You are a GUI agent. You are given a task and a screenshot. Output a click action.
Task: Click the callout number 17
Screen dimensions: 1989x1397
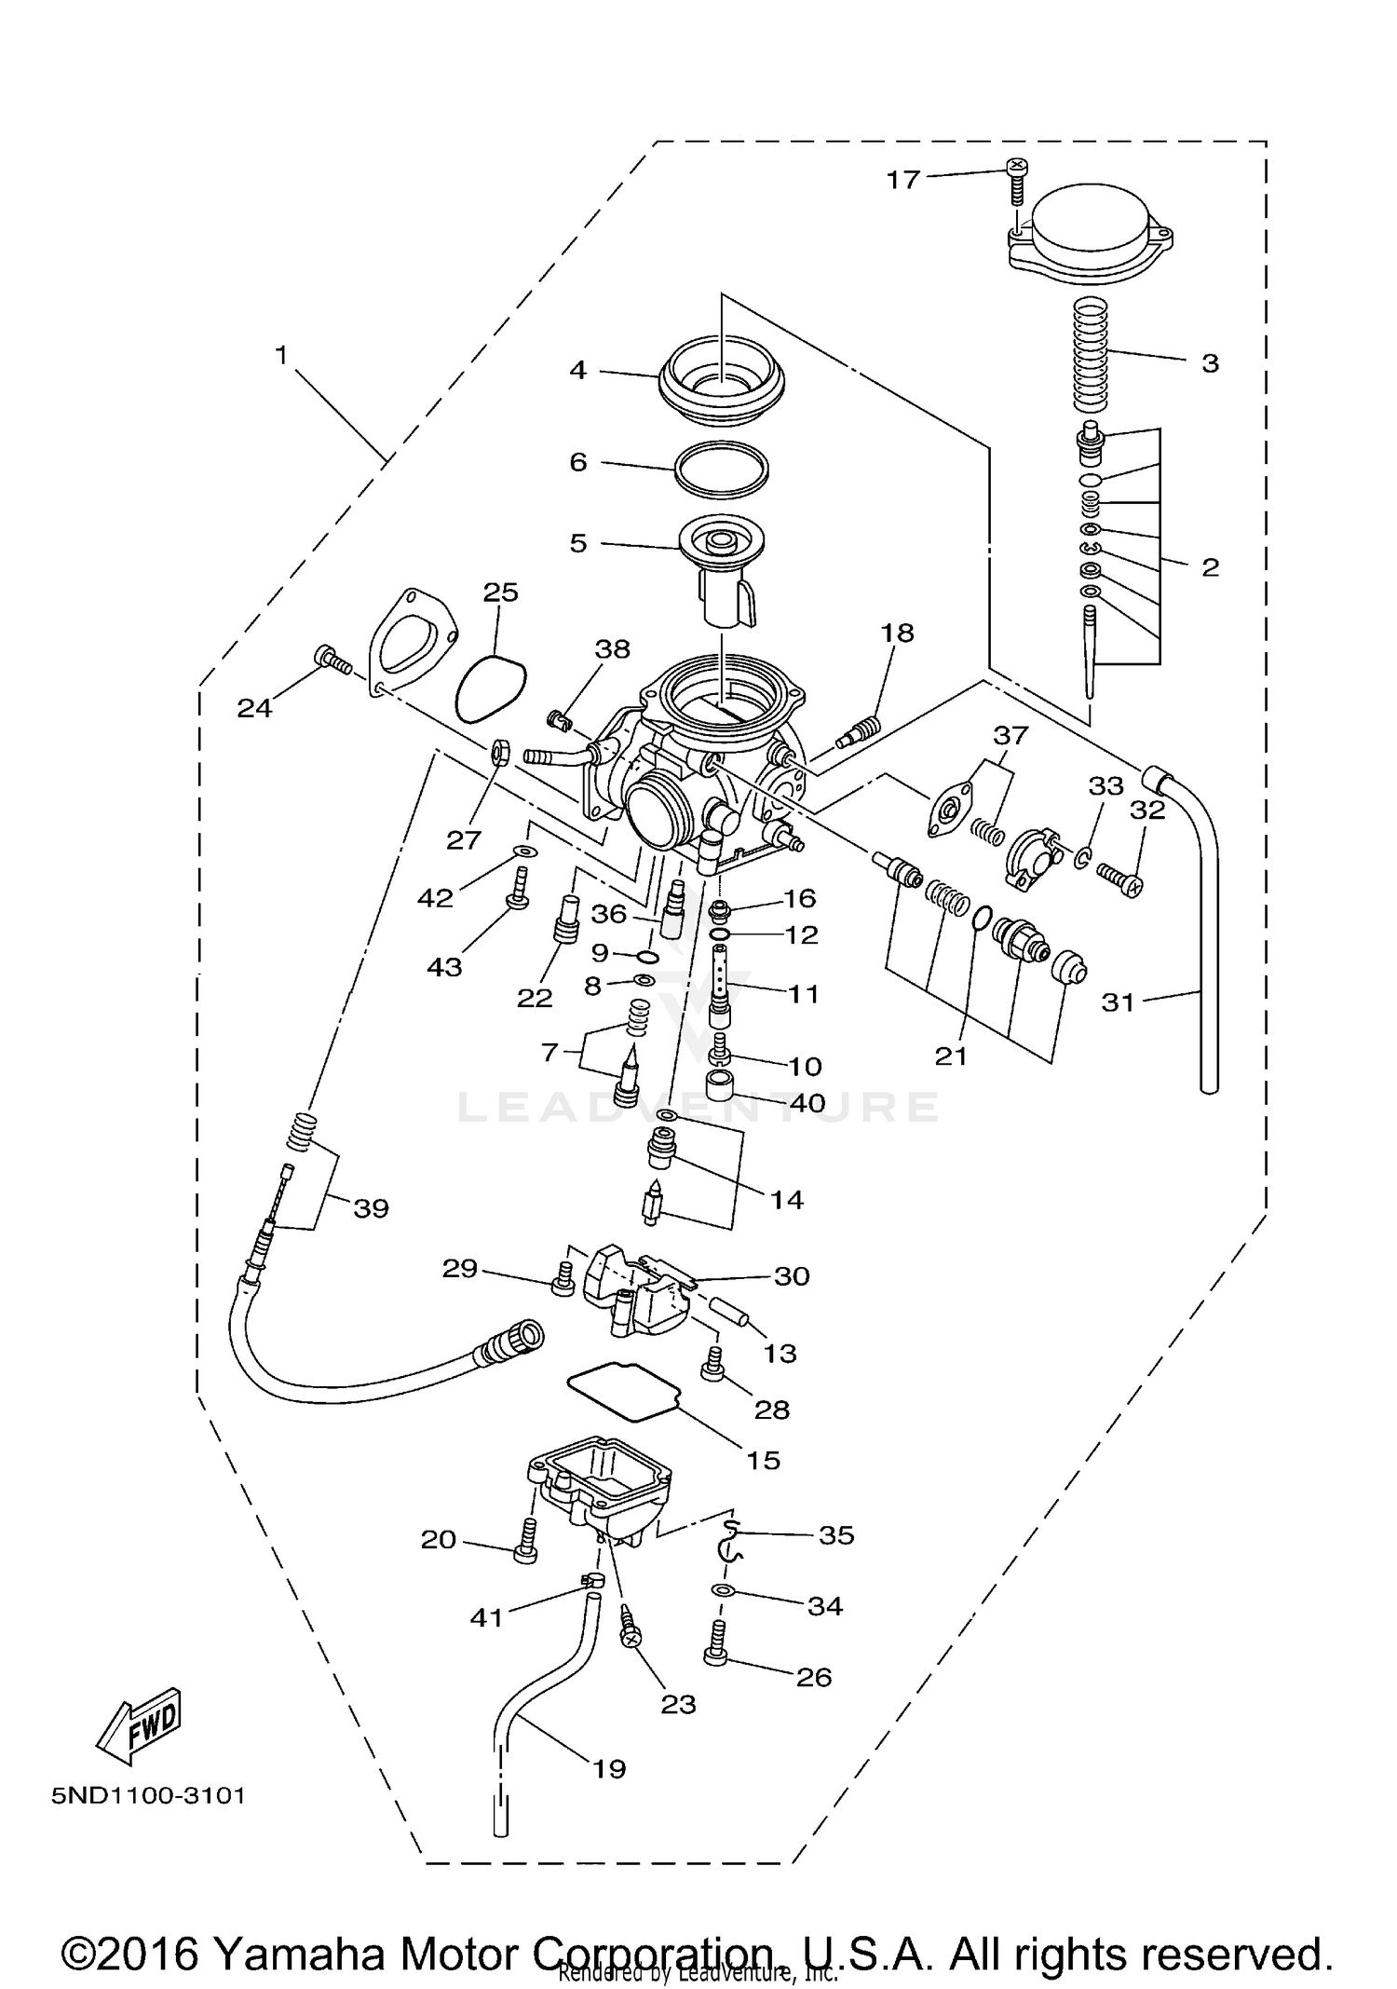[902, 180]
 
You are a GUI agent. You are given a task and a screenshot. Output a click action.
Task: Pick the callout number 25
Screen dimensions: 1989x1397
[500, 593]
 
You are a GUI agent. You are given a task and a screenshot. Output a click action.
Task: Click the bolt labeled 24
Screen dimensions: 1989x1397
[333, 660]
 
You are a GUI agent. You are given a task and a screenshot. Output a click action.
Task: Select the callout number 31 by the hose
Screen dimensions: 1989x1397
[1118, 1002]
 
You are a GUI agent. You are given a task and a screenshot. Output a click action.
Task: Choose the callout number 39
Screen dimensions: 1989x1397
[371, 1208]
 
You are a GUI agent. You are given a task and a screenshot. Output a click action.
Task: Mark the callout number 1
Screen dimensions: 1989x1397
[281, 355]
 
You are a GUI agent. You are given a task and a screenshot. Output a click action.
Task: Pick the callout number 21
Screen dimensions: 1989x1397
[951, 1056]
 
